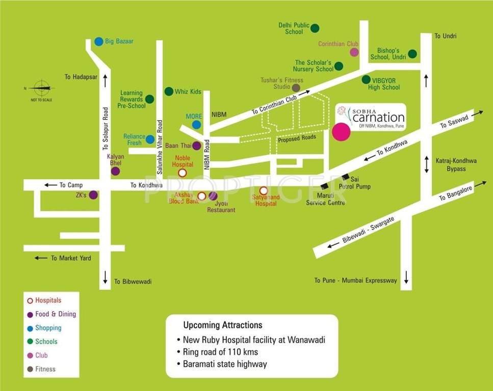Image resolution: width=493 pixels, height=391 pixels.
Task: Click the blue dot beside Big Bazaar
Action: point(98,41)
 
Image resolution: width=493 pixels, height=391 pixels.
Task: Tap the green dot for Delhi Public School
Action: point(315,28)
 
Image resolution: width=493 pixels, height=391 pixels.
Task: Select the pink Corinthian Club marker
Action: point(354,52)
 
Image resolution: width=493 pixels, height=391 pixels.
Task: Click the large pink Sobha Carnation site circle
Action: point(341,131)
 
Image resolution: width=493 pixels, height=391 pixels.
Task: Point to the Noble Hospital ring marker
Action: point(182,173)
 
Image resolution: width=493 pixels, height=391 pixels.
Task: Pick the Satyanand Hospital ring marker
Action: point(264,191)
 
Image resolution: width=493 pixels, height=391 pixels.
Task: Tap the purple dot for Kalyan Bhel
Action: point(116,171)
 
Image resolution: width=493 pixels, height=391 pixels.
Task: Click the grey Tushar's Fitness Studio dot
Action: point(296,88)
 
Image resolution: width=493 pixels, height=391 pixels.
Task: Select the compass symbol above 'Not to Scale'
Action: point(41,88)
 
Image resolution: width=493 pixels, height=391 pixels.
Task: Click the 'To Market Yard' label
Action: point(71,258)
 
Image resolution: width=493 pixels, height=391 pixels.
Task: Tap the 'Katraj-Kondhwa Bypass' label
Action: point(456,164)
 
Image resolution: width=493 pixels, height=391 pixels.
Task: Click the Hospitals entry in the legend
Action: point(48,300)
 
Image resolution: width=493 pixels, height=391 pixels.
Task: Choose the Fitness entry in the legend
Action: point(45,369)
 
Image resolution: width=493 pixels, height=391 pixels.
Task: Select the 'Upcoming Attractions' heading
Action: point(223,325)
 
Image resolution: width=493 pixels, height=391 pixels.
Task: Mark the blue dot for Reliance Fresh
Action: point(150,139)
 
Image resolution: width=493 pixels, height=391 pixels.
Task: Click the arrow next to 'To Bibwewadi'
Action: point(106,277)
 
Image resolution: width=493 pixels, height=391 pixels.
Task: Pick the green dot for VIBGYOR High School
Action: point(366,79)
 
